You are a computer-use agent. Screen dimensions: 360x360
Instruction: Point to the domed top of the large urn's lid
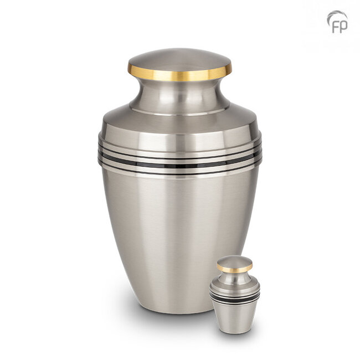point(180,59)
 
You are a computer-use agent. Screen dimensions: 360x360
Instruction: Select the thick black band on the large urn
point(180,165)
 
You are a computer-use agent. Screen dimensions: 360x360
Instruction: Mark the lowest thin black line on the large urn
point(180,173)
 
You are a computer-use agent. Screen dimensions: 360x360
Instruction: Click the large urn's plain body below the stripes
point(180,233)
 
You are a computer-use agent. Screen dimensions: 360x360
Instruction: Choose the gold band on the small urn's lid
point(235,269)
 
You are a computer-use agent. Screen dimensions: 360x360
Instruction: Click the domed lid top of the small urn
point(235,261)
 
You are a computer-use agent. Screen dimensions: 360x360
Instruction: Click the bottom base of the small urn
point(235,331)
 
